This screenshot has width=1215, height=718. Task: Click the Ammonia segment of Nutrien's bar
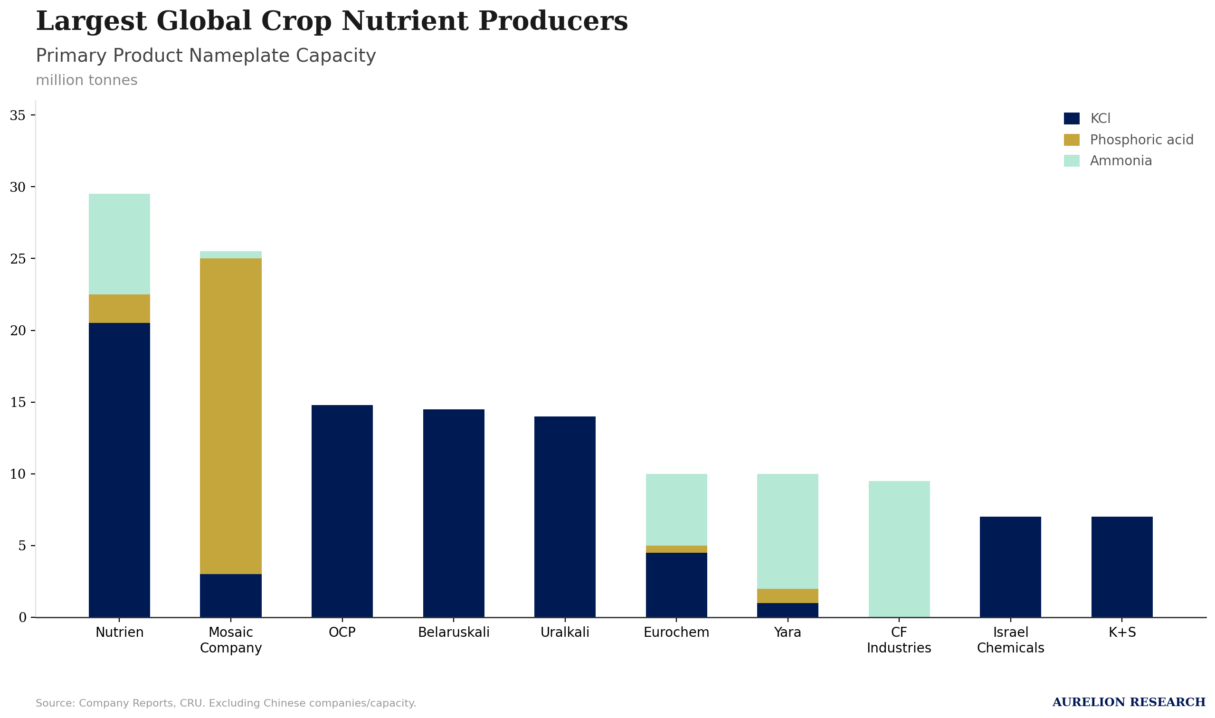(120, 245)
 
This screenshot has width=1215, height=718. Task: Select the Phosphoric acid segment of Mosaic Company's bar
(231, 416)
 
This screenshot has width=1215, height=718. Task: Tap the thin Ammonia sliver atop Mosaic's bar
(231, 255)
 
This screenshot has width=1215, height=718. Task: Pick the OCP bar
(342, 511)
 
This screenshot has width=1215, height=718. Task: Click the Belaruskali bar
(454, 513)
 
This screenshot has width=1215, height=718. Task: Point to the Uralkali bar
(565, 517)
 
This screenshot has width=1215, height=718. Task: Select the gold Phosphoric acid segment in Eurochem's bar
(676, 549)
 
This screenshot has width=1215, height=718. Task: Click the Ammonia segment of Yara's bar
(788, 532)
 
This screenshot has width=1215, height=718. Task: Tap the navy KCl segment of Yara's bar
(788, 610)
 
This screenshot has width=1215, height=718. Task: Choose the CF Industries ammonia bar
(899, 549)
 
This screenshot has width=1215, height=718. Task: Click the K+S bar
(1122, 567)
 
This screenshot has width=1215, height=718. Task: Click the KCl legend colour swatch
(1072, 119)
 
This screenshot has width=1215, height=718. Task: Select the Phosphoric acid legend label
(1141, 140)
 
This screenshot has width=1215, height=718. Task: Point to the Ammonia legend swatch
(1072, 161)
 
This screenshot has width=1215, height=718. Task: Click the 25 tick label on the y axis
(18, 259)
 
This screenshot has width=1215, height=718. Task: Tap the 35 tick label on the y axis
(18, 115)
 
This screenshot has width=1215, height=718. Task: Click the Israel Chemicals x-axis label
(1011, 640)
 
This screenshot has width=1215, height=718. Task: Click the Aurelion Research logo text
(1129, 702)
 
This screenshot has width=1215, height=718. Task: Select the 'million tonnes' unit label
(86, 80)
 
